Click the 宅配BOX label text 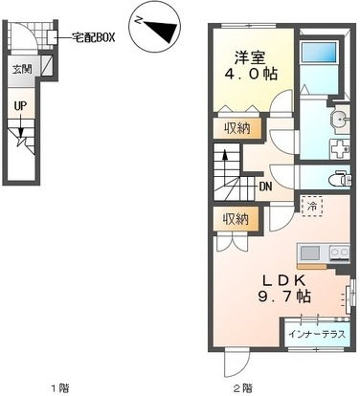[x=93, y=37]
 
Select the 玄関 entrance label [x=22, y=69]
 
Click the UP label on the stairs [x=20, y=106]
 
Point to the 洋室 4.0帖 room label [x=251, y=66]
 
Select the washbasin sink [x=340, y=121]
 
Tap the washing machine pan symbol [x=339, y=149]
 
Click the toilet [x=340, y=179]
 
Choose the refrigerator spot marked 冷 [x=312, y=207]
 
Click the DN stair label [x=265, y=187]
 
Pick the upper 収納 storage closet [x=237, y=128]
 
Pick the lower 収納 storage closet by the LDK [x=236, y=219]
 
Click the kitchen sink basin [x=310, y=253]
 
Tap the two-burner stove [x=339, y=253]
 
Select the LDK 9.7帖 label [x=283, y=289]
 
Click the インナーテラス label [x=317, y=335]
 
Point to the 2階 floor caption [x=243, y=388]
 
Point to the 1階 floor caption [x=60, y=388]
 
